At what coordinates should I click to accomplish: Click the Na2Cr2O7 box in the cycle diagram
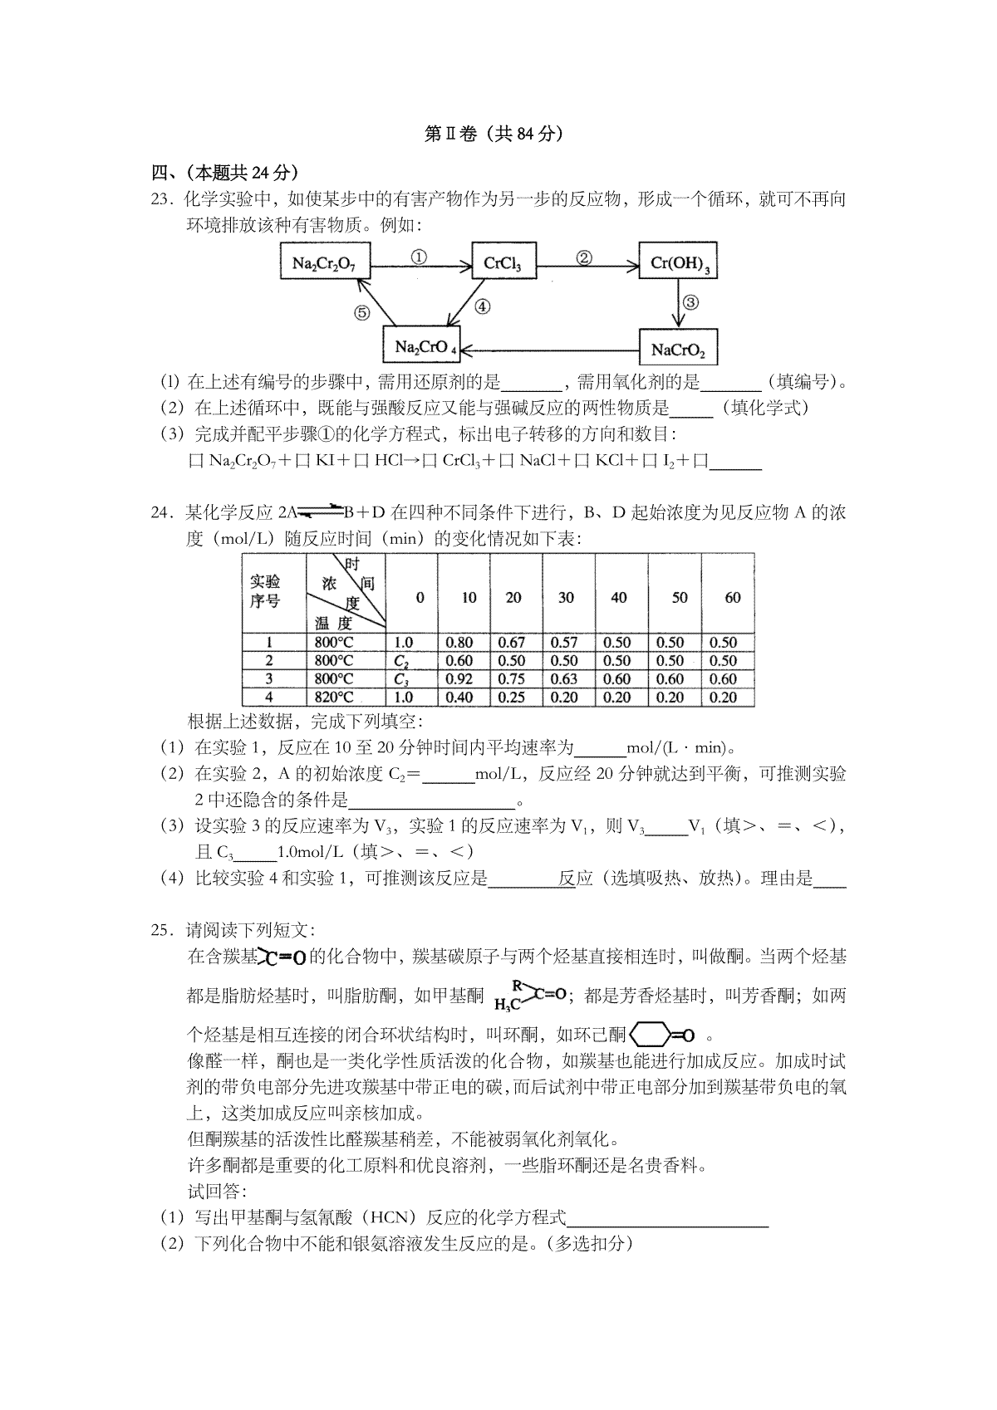click(x=324, y=264)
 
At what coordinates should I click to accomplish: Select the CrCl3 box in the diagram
click(x=503, y=264)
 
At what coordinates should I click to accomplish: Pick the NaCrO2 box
click(x=678, y=349)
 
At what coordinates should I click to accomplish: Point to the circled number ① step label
click(x=420, y=257)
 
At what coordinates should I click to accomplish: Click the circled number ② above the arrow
click(x=584, y=257)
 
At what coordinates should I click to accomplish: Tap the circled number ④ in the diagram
click(x=482, y=306)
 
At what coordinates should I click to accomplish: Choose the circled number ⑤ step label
click(x=361, y=313)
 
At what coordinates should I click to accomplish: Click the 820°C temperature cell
click(x=334, y=698)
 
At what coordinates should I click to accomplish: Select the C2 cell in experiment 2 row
click(x=401, y=661)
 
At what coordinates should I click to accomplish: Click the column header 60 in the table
click(x=732, y=598)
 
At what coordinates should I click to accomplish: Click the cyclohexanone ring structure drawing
click(x=662, y=1035)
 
